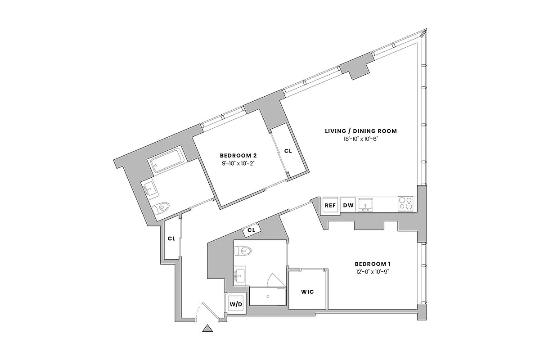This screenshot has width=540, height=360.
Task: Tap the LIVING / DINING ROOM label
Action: tap(361, 131)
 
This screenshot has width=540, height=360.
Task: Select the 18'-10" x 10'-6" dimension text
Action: tap(361, 139)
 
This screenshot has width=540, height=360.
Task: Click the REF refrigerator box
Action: tap(330, 205)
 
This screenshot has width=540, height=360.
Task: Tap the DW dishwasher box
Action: tap(348, 205)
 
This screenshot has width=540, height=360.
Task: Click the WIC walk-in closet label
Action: tap(307, 292)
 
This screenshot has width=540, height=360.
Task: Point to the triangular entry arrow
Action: tap(207, 328)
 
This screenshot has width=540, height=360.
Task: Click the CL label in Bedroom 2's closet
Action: tap(288, 151)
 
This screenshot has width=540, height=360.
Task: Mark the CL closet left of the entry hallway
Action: tap(171, 238)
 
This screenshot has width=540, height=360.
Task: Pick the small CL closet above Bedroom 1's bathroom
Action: tap(252, 230)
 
